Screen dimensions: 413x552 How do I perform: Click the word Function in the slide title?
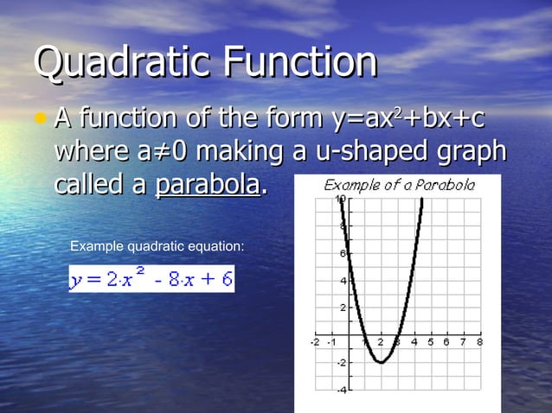click(x=299, y=62)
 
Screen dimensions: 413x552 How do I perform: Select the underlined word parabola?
click(x=207, y=184)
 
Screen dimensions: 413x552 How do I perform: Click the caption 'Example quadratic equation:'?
click(x=157, y=247)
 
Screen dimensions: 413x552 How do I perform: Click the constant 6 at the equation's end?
click(x=224, y=279)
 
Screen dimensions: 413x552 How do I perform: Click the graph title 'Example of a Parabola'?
click(x=399, y=185)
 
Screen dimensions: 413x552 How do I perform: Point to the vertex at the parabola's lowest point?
click(x=381, y=362)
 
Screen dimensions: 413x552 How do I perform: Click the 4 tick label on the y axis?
click(x=343, y=281)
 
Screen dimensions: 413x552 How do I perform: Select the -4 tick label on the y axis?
click(x=341, y=391)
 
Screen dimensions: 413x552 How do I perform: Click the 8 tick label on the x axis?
click(x=478, y=342)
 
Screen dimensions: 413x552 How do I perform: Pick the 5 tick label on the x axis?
click(x=430, y=342)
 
